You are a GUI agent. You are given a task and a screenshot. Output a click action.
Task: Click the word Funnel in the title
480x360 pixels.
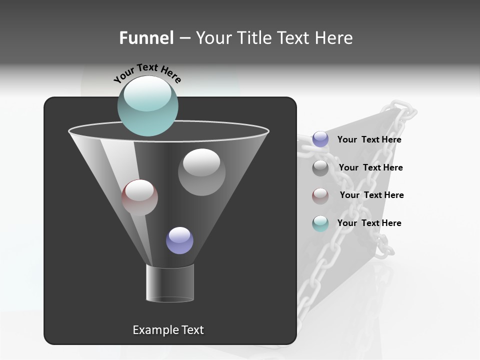tap(146, 38)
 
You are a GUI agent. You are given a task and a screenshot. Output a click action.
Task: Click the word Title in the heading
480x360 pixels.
tap(252, 38)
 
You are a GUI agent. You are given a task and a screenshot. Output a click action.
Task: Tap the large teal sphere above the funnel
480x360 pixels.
tap(148, 106)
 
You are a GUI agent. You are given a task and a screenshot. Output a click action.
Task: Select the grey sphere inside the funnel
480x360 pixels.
tap(201, 172)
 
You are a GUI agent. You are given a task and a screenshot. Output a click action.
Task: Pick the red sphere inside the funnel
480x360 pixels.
tap(139, 197)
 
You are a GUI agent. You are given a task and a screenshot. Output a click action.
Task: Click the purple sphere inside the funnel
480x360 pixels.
tap(179, 240)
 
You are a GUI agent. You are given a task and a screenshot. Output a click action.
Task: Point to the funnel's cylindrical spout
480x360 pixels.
tap(170, 283)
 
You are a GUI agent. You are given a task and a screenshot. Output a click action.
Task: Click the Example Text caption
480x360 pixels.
tap(168, 330)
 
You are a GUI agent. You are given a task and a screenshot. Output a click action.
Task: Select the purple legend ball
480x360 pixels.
tap(320, 139)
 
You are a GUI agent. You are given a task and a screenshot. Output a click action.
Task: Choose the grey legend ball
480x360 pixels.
tap(320, 168)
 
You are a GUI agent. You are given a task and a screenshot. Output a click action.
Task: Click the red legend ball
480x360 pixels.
tap(320, 195)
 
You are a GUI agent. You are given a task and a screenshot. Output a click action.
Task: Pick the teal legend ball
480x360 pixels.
tap(320, 223)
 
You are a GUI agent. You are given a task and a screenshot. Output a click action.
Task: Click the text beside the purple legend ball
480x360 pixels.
tap(369, 140)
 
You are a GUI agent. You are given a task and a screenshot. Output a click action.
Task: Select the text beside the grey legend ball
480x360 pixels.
tap(370, 168)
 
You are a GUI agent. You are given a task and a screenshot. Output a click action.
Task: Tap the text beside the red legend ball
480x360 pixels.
tap(371, 195)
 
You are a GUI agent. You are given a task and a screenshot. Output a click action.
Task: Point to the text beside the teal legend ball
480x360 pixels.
tap(369, 223)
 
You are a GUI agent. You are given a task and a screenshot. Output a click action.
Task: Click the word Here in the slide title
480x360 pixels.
tap(334, 38)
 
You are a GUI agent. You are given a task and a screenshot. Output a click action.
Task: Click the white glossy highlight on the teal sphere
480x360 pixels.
tap(148, 94)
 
